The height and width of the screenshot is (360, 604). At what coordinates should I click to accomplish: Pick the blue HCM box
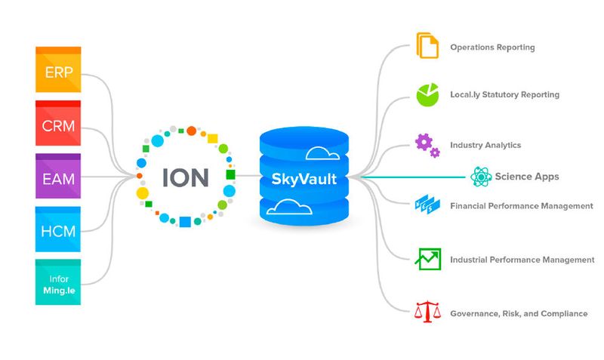(x=58, y=229)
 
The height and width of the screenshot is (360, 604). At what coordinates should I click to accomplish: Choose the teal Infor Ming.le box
(x=58, y=282)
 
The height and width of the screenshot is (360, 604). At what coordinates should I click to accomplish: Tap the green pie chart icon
(x=427, y=94)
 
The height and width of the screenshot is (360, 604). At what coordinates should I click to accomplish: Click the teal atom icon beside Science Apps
(x=481, y=177)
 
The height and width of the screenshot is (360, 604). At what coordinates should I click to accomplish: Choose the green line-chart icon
(x=427, y=259)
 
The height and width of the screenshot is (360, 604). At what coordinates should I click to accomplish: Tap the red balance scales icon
(x=427, y=312)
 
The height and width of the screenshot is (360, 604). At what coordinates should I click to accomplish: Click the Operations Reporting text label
(x=492, y=48)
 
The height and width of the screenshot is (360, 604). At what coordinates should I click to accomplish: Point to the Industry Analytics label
(x=485, y=145)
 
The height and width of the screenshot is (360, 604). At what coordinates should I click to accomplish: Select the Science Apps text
(x=527, y=177)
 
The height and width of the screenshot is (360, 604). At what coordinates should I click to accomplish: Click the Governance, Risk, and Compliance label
(x=519, y=313)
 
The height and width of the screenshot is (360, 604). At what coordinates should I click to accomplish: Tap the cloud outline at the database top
(x=323, y=153)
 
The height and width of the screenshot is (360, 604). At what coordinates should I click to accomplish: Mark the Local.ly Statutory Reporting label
(x=504, y=95)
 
